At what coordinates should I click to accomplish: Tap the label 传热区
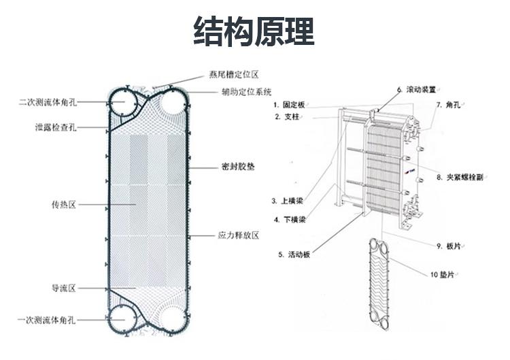pos(63,203)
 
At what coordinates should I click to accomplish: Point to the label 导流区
pos(63,288)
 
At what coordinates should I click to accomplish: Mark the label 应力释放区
pos(238,235)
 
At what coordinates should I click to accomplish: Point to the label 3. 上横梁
pos(287,201)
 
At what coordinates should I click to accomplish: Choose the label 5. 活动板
pos(294,255)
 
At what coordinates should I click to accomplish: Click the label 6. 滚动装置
pos(417,89)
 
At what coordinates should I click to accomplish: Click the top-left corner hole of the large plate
pos(123,103)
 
